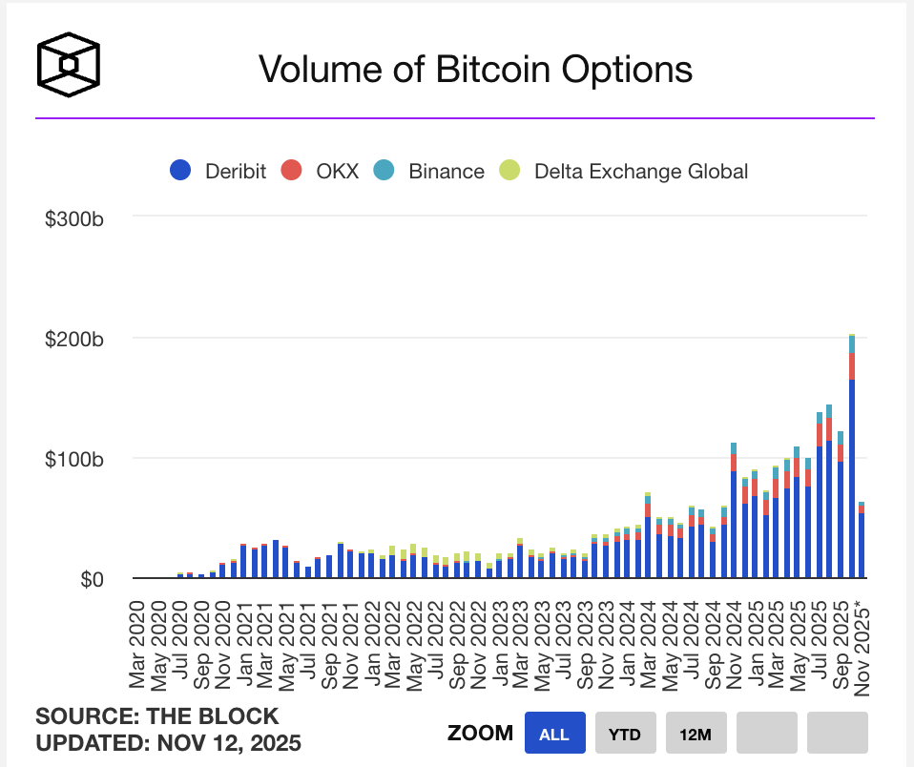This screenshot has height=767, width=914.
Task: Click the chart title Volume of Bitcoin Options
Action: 475,69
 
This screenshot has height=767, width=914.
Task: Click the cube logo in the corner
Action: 69,65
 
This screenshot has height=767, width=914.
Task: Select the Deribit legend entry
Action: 218,172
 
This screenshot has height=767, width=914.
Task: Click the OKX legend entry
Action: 320,172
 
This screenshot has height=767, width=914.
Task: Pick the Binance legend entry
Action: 430,172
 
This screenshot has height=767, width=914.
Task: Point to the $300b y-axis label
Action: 73,218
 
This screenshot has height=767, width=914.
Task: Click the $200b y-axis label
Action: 73,339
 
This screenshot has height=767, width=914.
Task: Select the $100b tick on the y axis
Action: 73,459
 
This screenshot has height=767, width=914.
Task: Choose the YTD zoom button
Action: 625,735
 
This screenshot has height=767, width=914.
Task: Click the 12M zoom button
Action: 696,735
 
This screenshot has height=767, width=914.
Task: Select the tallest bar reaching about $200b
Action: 851,458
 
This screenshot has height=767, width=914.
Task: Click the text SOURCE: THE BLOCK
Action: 157,716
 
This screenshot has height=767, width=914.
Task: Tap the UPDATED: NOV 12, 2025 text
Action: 169,742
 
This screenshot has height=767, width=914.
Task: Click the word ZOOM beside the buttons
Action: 479,735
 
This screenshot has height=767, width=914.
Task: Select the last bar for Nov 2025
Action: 862,542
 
